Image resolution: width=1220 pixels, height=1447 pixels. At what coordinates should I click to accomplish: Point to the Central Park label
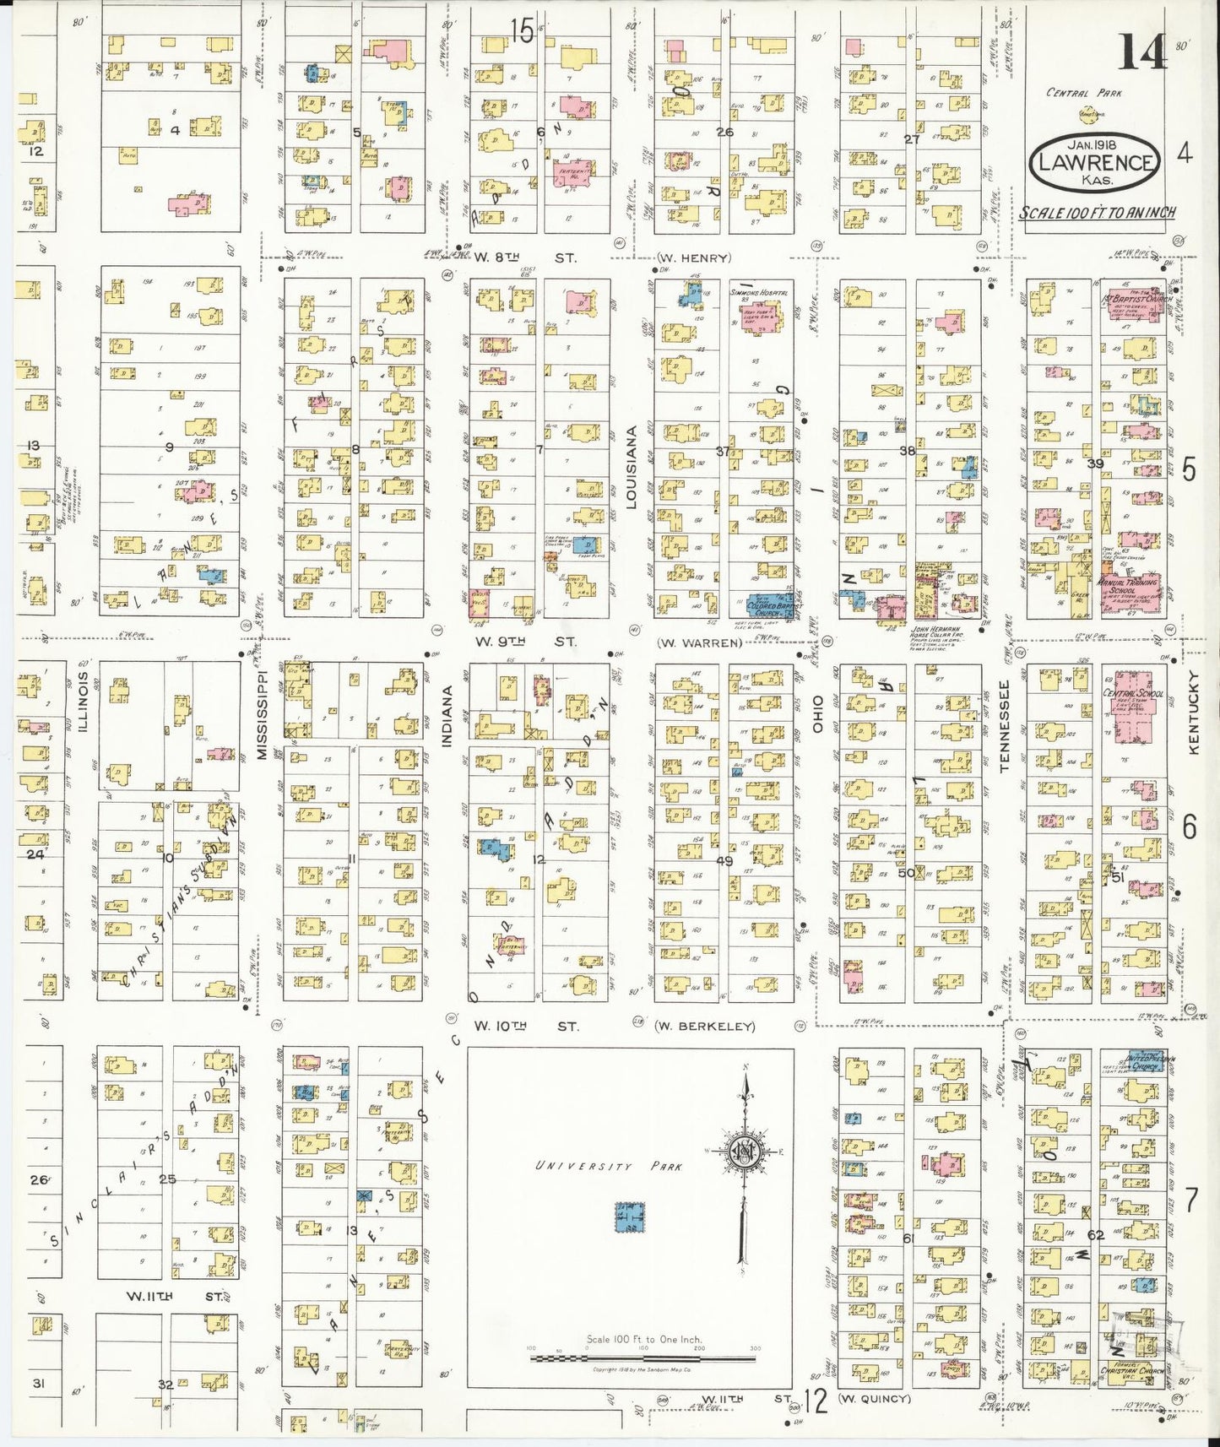click(1084, 93)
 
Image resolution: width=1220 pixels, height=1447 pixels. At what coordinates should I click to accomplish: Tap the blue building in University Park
click(628, 1218)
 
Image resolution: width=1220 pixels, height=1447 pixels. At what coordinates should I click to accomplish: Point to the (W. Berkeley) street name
click(704, 1027)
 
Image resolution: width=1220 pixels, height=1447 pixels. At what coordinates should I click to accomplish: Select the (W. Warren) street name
click(700, 642)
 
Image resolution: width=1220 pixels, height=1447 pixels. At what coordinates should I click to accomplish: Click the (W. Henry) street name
click(694, 258)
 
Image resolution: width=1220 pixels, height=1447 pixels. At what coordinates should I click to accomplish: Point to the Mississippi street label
click(262, 714)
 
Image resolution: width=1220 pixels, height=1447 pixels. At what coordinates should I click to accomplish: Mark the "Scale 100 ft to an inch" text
click(1096, 213)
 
